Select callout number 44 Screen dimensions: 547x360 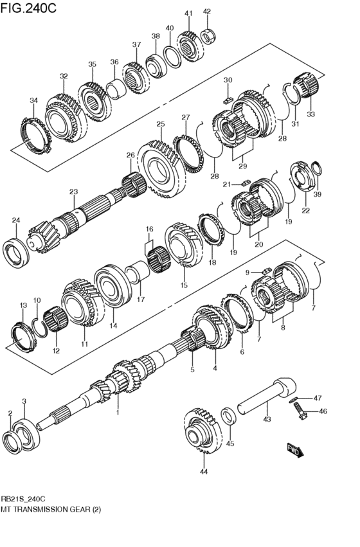[x=204, y=472]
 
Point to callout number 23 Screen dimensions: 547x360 [x=73, y=192]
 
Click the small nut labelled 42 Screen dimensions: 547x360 [x=209, y=36]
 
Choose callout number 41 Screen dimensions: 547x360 [x=188, y=13]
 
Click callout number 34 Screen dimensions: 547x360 [x=33, y=100]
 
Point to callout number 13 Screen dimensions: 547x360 [x=23, y=305]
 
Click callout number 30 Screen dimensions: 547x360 [x=227, y=80]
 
